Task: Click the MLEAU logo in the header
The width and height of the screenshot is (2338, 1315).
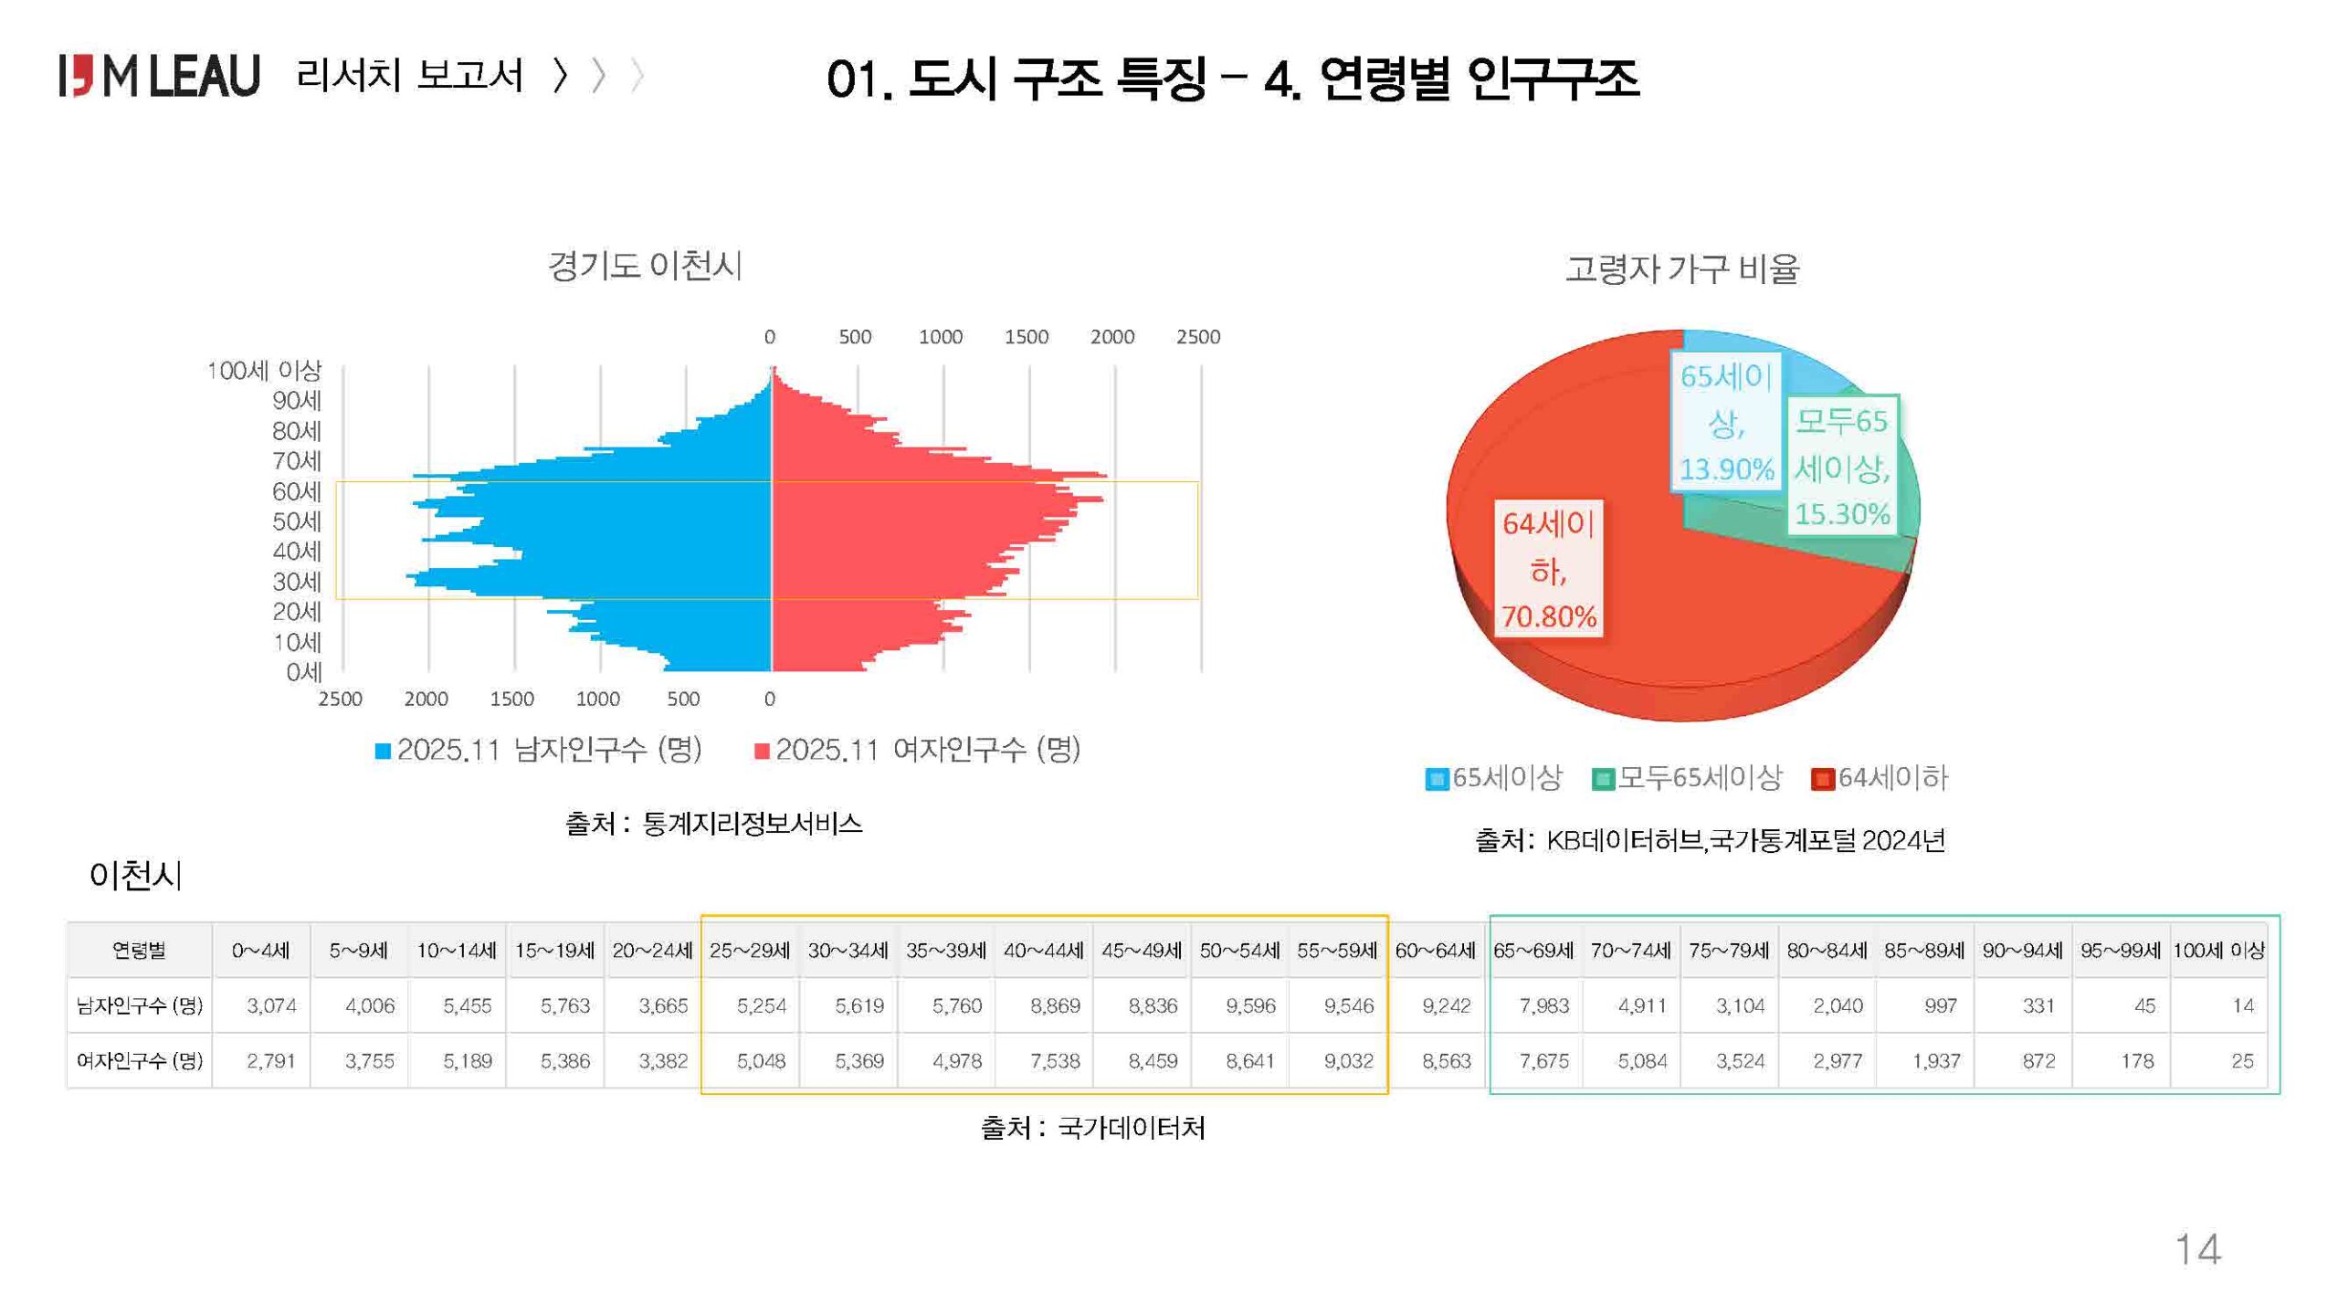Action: pos(160,75)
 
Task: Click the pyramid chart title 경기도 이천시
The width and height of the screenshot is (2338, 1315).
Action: pos(645,266)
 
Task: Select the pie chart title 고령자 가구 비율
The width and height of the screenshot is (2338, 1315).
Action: pos(1681,269)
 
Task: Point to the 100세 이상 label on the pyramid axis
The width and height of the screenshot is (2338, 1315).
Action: pos(264,371)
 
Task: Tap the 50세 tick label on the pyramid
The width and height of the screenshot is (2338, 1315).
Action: pos(297,521)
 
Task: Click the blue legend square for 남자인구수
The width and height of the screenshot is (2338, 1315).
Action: pos(384,751)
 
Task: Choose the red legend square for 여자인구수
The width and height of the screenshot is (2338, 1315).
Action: pos(762,751)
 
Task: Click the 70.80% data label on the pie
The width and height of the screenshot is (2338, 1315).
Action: pos(1549,617)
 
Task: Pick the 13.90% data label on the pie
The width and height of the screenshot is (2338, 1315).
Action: pos(1726,469)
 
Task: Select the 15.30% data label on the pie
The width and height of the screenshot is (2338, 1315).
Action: pos(1842,514)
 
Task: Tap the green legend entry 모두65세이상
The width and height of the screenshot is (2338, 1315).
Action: pos(1688,778)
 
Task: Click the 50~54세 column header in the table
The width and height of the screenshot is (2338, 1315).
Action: pos(1239,951)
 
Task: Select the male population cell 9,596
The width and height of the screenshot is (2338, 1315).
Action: pos(1250,1005)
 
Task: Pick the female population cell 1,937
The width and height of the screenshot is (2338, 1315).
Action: pos(1936,1061)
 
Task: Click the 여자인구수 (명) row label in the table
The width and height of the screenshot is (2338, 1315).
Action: pos(139,1061)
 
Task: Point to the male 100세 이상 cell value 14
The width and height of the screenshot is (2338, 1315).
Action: pos(2242,1005)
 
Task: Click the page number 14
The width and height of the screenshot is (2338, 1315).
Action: pos(2197,1249)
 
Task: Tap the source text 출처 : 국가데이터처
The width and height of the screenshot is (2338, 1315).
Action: pos(1092,1128)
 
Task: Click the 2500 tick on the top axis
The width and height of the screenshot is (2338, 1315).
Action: pos(1197,337)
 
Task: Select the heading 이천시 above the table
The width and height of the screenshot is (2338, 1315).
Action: pos(136,876)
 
